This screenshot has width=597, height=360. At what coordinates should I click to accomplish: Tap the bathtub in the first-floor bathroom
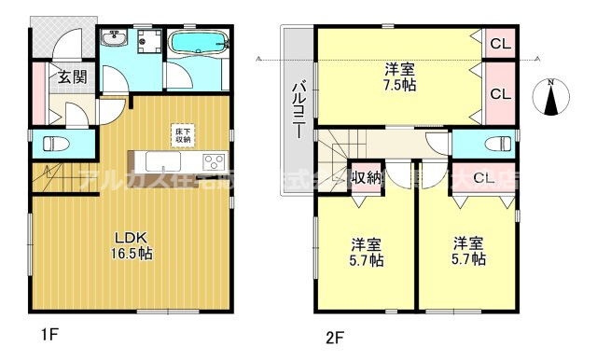(198, 43)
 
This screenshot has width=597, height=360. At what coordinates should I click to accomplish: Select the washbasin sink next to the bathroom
(116, 39)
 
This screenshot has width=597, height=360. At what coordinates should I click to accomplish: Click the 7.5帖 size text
(399, 85)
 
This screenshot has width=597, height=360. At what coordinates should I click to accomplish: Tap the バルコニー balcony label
(298, 110)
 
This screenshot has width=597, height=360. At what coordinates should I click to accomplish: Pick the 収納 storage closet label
(366, 177)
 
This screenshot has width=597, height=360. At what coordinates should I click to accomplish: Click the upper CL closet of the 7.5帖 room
(500, 43)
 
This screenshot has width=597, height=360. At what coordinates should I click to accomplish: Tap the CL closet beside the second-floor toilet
(482, 177)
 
